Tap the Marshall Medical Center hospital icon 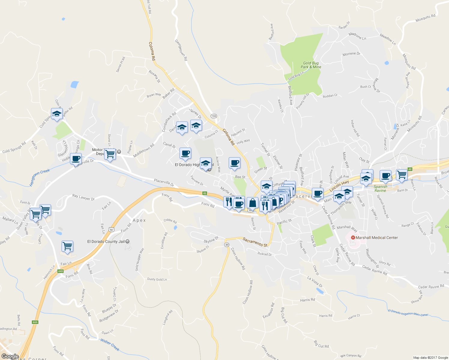click(x=353, y=238)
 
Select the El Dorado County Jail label click(x=106, y=241)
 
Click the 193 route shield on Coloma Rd click(x=214, y=116)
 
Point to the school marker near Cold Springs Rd click(x=57, y=114)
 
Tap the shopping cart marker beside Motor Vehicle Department click(x=110, y=154)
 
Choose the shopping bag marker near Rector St click(x=252, y=203)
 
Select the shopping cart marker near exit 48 click(x=402, y=174)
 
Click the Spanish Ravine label click(x=380, y=188)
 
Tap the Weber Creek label click(x=110, y=345)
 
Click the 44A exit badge click(x=35, y=322)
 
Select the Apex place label click(x=139, y=220)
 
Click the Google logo click(x=10, y=356)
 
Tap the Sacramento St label click(x=255, y=242)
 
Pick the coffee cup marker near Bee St click(x=234, y=163)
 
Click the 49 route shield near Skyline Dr click(x=227, y=245)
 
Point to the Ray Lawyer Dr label click(x=83, y=197)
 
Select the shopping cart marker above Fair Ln click(x=68, y=246)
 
